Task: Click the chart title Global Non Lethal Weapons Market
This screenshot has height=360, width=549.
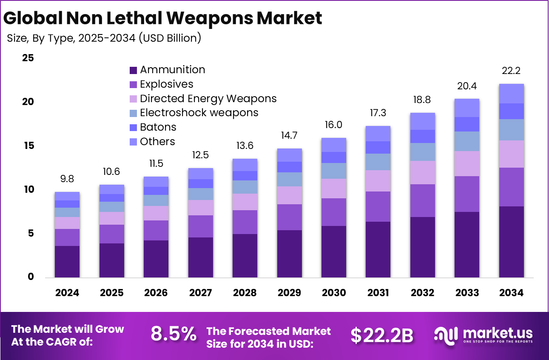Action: click(162, 18)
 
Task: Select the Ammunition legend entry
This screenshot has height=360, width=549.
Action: click(172, 70)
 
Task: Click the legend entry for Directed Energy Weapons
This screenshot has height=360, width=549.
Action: click(208, 99)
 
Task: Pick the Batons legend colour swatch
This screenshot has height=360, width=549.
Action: click(133, 127)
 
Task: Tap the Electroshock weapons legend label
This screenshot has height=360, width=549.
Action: click(199, 113)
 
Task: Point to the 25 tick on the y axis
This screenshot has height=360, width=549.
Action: click(28, 58)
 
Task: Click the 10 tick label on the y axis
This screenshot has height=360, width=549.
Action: click(28, 189)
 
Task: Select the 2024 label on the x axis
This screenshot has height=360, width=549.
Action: click(67, 293)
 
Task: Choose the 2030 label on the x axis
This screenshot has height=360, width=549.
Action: click(333, 293)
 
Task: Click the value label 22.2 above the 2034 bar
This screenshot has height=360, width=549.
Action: click(511, 71)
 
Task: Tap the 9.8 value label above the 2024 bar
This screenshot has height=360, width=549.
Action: click(67, 179)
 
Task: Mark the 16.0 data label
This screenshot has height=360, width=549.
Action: click(333, 125)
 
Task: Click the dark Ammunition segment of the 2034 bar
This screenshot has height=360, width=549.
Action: click(511, 242)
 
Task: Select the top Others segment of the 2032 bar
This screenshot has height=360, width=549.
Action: click(422, 121)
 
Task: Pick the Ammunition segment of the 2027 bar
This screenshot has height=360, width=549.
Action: click(200, 257)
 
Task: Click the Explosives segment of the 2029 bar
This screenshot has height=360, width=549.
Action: click(289, 217)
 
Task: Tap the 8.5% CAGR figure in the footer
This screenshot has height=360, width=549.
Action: click(174, 334)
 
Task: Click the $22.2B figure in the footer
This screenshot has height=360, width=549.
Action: click(381, 335)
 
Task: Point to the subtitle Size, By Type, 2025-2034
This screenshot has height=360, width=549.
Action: click(104, 38)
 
